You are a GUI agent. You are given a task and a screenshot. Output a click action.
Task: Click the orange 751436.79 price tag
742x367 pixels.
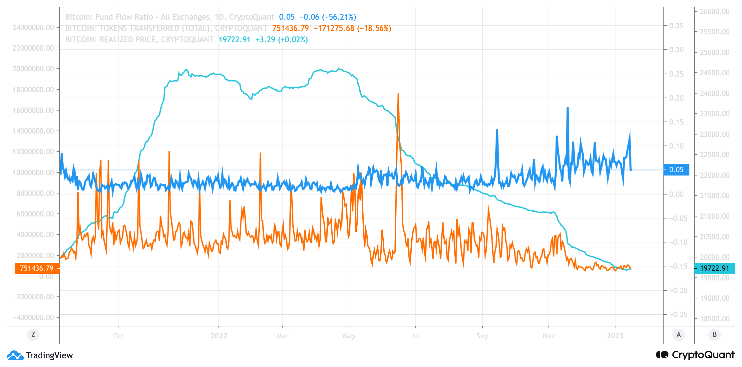(x=37, y=268)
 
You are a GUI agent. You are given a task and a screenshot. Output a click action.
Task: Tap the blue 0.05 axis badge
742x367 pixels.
(x=676, y=170)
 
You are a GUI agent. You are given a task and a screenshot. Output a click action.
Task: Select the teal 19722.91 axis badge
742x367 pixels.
(x=715, y=268)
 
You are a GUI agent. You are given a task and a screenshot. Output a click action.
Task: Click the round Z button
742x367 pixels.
(x=33, y=335)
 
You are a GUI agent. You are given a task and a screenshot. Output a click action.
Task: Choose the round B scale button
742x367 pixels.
(x=714, y=335)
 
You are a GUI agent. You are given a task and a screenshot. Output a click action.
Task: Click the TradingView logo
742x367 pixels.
(x=40, y=355)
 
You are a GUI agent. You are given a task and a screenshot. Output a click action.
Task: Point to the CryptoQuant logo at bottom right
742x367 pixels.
(x=695, y=355)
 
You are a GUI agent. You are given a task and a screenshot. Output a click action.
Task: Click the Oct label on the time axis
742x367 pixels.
(x=119, y=336)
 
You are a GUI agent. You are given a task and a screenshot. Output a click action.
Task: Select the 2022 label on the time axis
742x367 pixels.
(x=219, y=336)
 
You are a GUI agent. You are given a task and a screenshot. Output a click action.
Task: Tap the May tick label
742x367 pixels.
(x=349, y=336)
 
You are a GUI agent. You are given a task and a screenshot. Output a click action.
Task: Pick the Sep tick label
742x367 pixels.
(x=482, y=336)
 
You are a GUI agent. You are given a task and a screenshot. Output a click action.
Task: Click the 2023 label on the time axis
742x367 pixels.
(x=615, y=336)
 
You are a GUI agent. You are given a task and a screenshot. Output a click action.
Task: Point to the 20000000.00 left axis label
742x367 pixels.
(x=33, y=69)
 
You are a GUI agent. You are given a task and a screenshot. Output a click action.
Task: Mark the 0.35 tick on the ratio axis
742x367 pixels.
(x=676, y=26)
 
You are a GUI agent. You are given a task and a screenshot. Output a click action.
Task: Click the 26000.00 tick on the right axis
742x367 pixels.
(x=715, y=11)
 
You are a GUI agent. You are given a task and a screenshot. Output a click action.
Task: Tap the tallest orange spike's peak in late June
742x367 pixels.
(x=398, y=94)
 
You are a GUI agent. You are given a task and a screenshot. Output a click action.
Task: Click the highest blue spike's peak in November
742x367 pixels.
(x=567, y=108)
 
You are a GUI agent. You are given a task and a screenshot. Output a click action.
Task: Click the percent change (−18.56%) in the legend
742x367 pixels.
(x=374, y=28)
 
